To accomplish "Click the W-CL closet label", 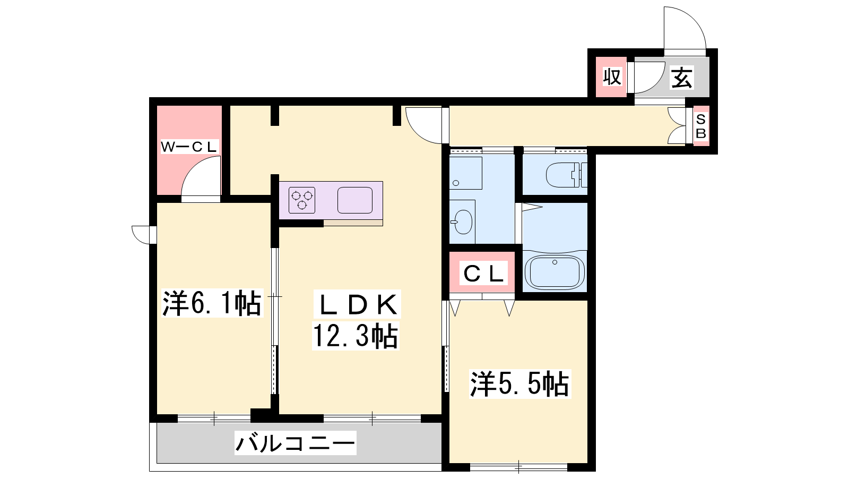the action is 189,147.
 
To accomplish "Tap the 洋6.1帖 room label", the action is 212,303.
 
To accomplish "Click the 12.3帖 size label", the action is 356,336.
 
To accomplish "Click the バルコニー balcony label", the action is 295,443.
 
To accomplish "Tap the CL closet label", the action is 483,273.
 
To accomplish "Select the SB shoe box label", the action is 701,127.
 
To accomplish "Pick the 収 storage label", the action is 612,77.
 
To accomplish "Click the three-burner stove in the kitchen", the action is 302,200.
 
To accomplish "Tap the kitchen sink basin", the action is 355,200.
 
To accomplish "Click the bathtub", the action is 555,272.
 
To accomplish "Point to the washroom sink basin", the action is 462,222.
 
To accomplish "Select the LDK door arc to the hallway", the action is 417,133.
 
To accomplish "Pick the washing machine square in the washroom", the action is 466,173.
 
